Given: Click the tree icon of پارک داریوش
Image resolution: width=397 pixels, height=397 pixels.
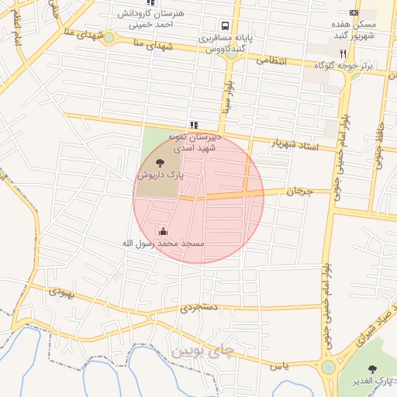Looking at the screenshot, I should click(x=160, y=163).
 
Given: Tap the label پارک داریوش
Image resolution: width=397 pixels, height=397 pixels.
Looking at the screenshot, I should click(x=161, y=176).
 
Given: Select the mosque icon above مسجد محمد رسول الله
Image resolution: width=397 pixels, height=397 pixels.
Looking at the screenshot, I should click(x=163, y=230).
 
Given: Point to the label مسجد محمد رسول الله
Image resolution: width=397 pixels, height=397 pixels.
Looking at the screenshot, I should click(x=163, y=243).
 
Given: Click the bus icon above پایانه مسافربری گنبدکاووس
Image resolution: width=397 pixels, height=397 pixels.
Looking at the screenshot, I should click(x=224, y=25).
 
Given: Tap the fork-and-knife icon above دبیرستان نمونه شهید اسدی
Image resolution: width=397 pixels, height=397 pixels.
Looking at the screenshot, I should click(x=193, y=124).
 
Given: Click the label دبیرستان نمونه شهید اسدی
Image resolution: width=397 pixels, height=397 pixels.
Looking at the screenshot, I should click(x=196, y=141).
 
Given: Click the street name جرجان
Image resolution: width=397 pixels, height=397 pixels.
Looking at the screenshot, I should click(x=298, y=191).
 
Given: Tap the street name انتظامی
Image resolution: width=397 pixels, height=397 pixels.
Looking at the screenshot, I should click(x=271, y=60).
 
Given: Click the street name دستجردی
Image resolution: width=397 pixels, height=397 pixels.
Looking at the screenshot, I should click(x=201, y=307).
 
